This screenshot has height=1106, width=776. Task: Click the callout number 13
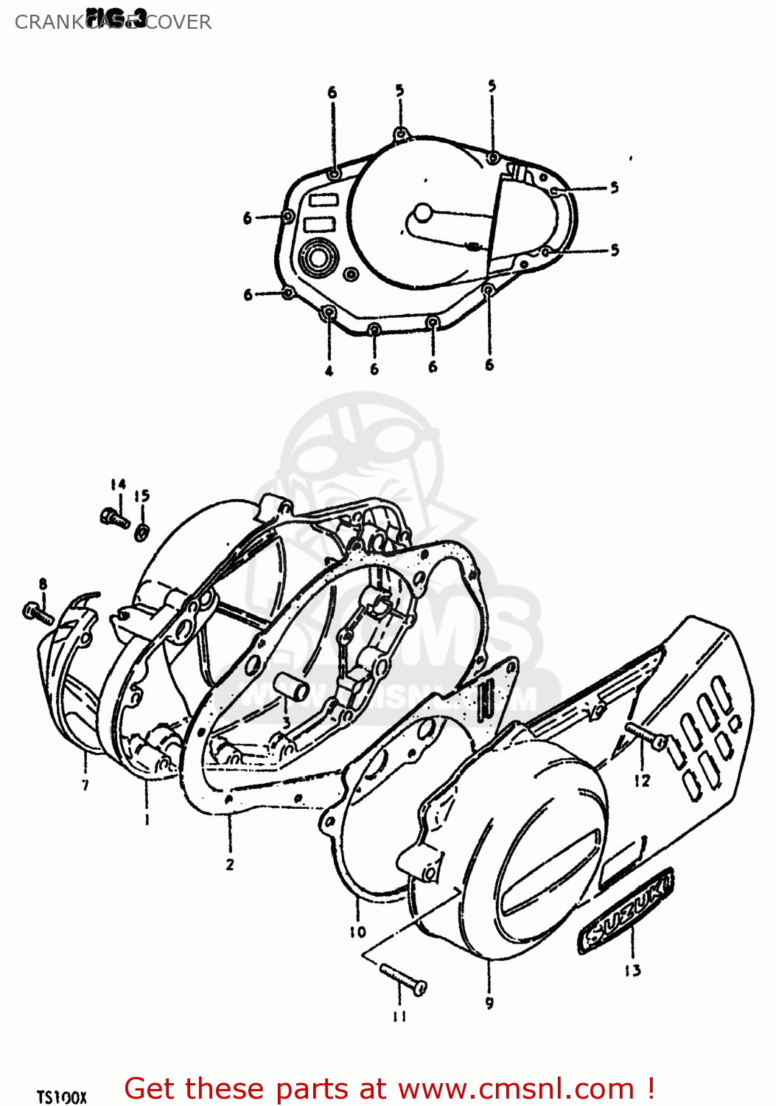click(632, 970)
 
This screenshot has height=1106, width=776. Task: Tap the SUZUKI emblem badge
click(625, 910)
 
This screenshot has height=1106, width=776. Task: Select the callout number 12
click(642, 780)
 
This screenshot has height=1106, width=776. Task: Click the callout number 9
click(489, 1003)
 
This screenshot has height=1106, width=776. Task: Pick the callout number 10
click(357, 932)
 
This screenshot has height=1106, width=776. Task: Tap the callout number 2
click(230, 864)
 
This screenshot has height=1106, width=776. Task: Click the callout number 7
click(85, 785)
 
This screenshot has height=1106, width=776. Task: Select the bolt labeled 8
click(38, 612)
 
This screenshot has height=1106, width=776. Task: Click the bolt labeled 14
click(114, 518)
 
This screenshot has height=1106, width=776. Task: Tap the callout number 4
click(329, 370)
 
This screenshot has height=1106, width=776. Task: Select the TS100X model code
click(62, 1097)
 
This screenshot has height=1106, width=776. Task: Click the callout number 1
click(147, 819)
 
